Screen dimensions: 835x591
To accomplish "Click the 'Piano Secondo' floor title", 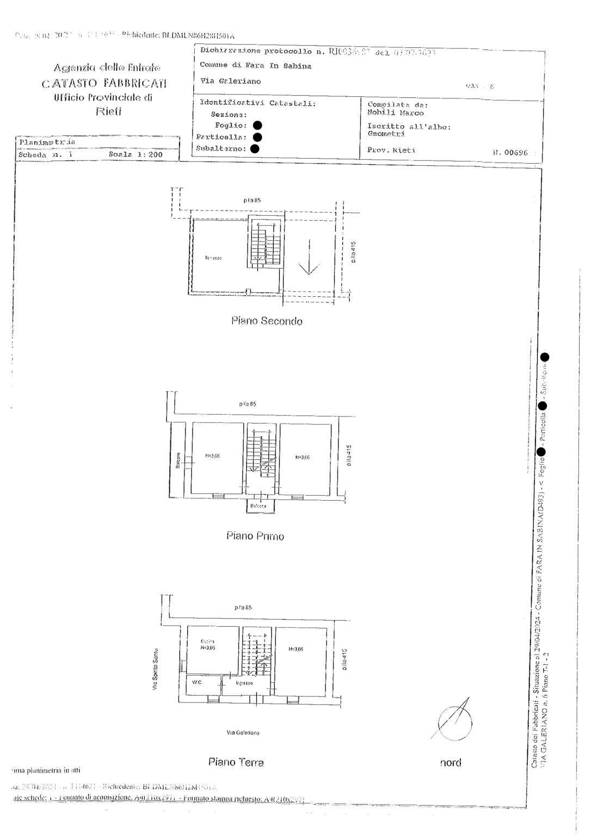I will (x=266, y=321).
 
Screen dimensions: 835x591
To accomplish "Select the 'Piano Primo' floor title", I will (x=255, y=536).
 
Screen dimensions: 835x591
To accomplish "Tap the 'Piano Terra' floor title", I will (x=236, y=762).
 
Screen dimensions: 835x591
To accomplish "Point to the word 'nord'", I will (x=451, y=763).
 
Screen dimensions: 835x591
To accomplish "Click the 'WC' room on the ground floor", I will (x=197, y=683).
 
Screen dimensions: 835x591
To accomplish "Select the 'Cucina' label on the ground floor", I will (x=207, y=641).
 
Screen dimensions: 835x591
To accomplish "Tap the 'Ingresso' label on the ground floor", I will (x=244, y=683).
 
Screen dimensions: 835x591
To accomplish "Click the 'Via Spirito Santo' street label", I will (x=155, y=669).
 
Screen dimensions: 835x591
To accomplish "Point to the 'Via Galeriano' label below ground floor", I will (x=243, y=733).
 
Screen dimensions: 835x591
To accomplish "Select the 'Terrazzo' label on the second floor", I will (x=213, y=258).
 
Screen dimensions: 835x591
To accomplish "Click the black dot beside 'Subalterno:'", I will (x=255, y=148).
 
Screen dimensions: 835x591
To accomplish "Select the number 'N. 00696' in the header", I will (x=510, y=153).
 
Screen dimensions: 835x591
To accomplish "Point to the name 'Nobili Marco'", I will (x=396, y=113).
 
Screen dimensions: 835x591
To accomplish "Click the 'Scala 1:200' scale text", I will (x=136, y=154).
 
